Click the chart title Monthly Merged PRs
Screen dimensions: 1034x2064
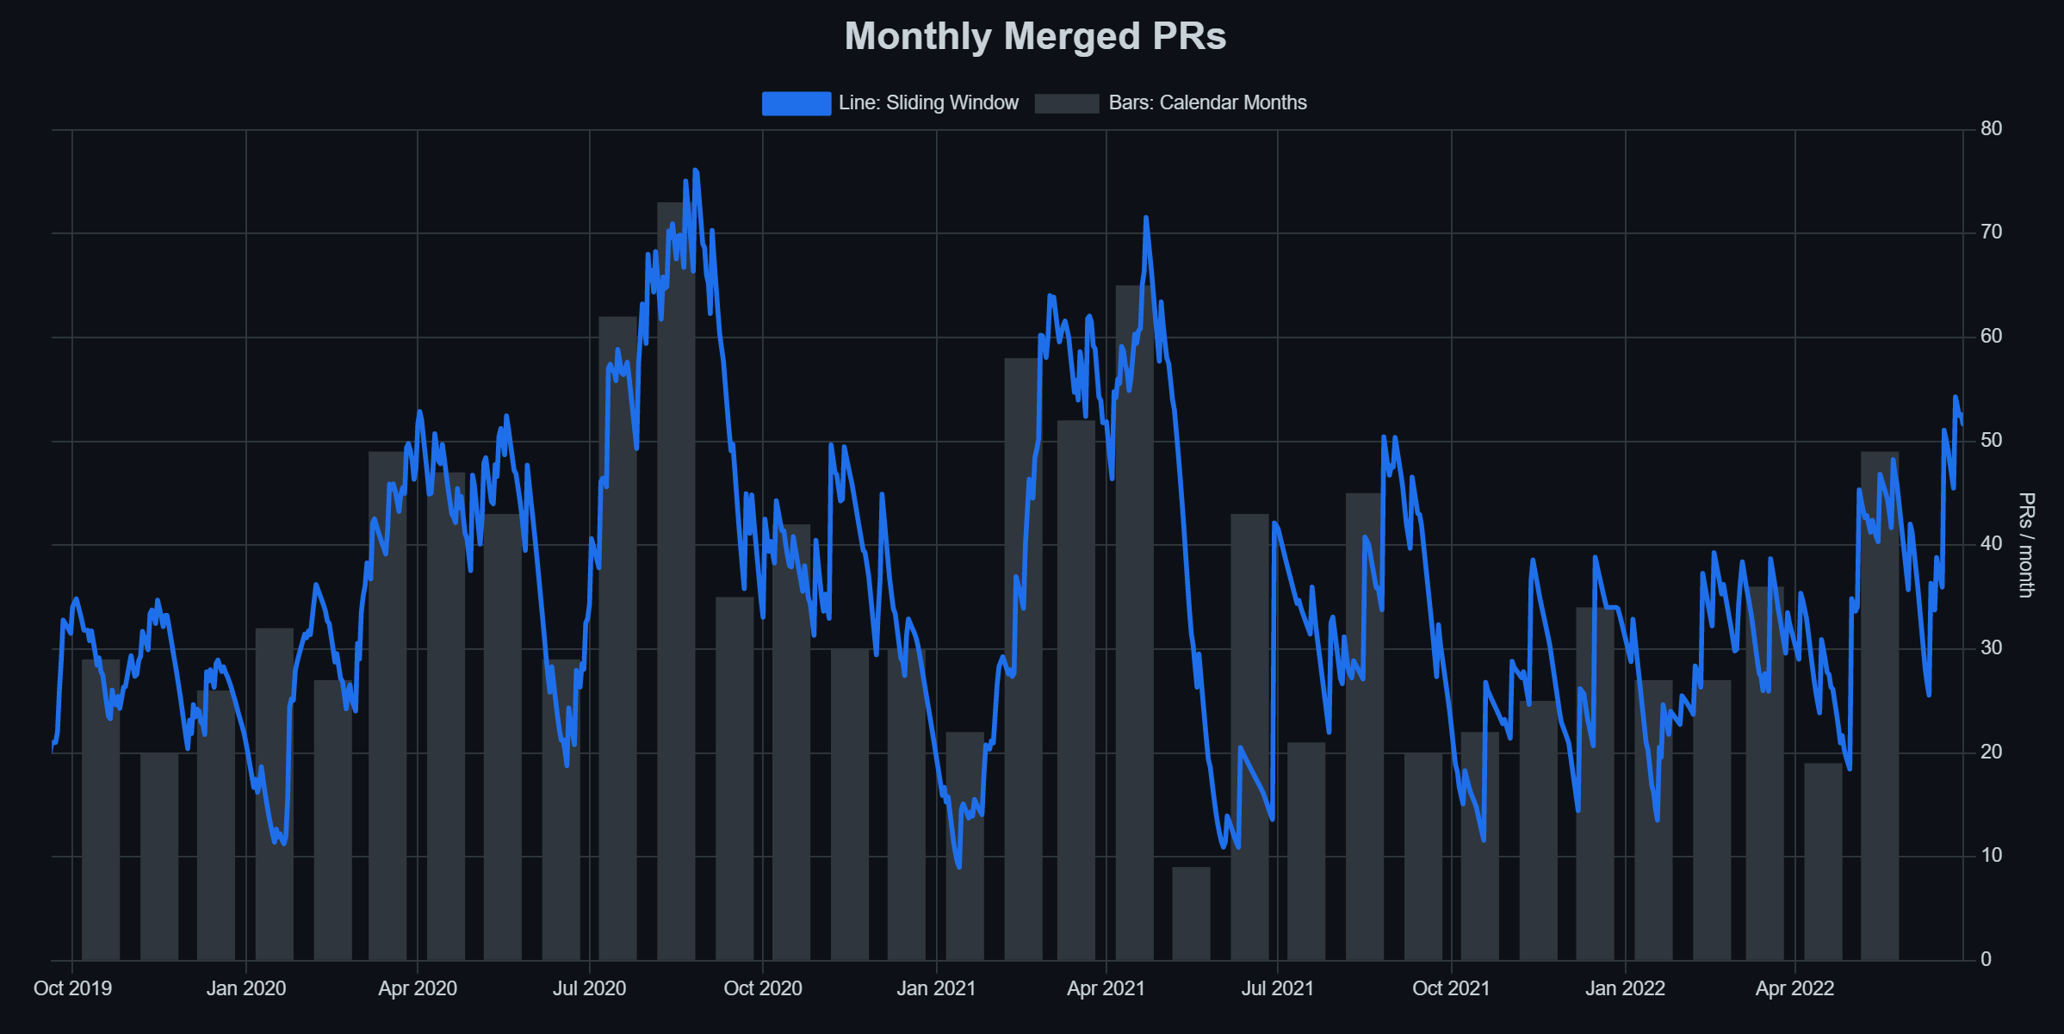coord(1035,36)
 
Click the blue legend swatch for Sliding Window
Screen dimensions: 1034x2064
coord(796,103)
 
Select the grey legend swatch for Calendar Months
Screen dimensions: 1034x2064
coord(1066,103)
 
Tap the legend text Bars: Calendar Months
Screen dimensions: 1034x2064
coord(1207,103)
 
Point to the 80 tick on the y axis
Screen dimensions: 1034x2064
coord(1991,129)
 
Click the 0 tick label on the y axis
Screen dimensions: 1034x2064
coord(1986,959)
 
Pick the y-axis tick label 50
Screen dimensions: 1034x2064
coord(1991,440)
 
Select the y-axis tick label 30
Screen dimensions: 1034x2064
coord(1991,647)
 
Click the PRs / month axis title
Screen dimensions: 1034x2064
coord(2026,545)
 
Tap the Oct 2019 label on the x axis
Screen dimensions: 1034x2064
coord(72,988)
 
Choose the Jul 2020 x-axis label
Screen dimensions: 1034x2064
coord(589,988)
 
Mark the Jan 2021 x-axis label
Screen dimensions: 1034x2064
coord(936,988)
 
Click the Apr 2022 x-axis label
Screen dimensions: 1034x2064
coord(1794,988)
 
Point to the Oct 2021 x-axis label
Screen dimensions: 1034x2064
coord(1451,988)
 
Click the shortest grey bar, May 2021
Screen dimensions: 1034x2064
coord(1191,914)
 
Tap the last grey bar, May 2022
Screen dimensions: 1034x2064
coord(1880,706)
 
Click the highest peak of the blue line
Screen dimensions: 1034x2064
coord(696,171)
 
